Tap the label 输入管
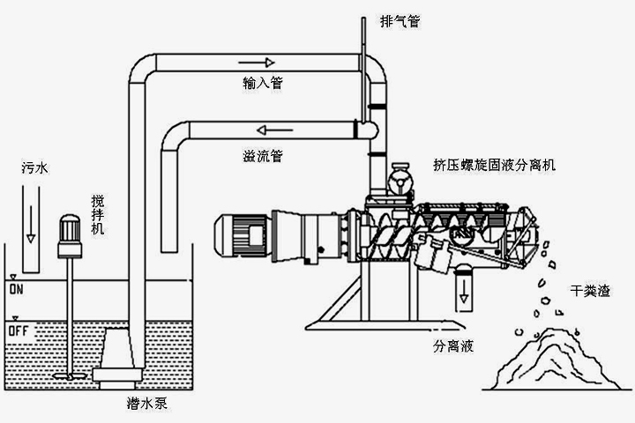coord(263,83)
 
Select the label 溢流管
coord(263,157)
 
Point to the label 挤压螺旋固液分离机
coord(494,164)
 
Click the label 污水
coord(34,167)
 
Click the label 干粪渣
coord(590,290)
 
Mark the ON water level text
coord(15,288)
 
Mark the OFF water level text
coord(19,330)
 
